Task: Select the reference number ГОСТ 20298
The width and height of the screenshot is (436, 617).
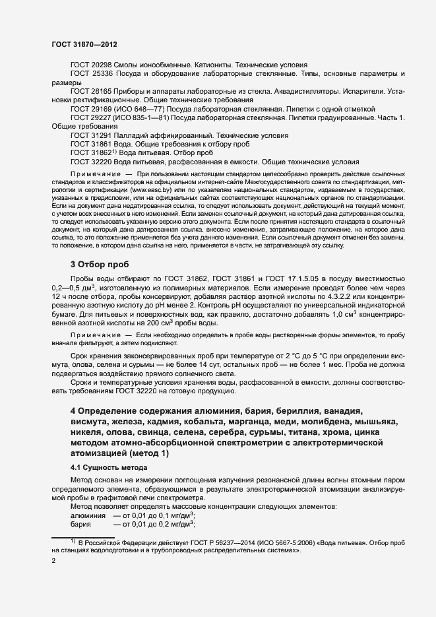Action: click(91, 65)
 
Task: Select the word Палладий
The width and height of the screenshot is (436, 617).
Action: click(132, 135)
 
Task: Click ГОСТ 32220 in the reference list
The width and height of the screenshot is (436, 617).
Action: click(91, 161)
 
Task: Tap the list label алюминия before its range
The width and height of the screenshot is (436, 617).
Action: click(88, 515)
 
